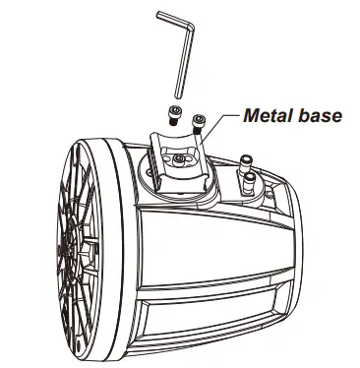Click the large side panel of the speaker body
(x=207, y=256)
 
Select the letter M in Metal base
(x=250, y=116)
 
